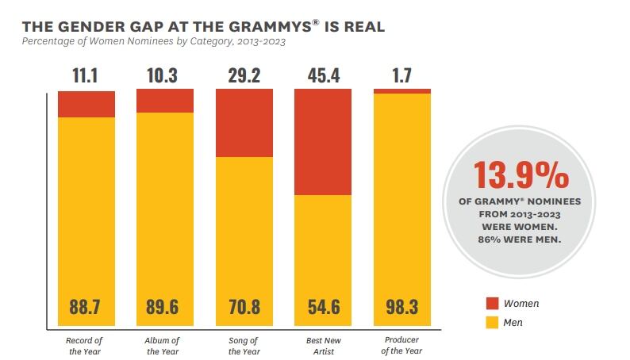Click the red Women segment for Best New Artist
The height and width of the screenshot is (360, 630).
pyautogui.click(x=323, y=142)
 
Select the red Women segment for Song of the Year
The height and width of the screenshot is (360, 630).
pyautogui.click(x=244, y=123)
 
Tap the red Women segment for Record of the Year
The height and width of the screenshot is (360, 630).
pyautogui.click(x=86, y=104)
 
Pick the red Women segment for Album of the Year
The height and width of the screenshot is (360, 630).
pyautogui.click(x=165, y=101)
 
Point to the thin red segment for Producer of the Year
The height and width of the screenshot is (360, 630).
pyautogui.click(x=402, y=91)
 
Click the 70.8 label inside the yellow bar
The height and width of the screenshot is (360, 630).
pyautogui.click(x=244, y=308)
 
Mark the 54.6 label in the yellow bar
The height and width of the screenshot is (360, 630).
pyautogui.click(x=323, y=308)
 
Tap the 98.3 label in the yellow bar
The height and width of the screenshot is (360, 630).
pyautogui.click(x=402, y=308)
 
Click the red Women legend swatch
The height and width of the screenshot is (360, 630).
pyautogui.click(x=491, y=303)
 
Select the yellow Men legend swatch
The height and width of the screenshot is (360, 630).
pyautogui.click(x=491, y=323)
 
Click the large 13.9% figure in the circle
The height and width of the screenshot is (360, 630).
pyautogui.click(x=521, y=175)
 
